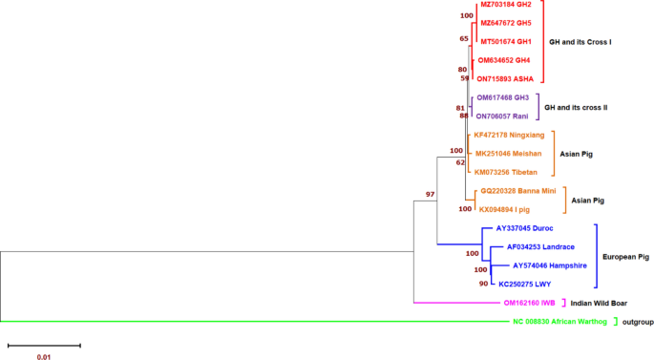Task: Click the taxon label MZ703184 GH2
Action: (x=506, y=6)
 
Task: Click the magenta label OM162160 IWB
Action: (x=529, y=303)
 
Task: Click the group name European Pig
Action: (x=624, y=256)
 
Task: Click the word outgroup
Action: (x=637, y=322)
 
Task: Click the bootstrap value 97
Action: (x=431, y=195)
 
